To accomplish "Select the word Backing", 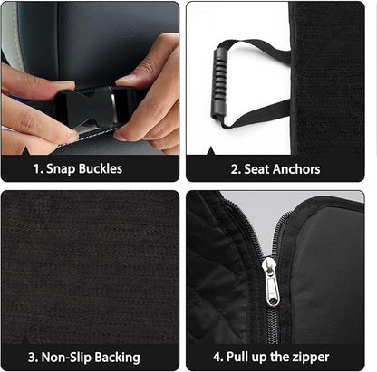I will (x=115, y=356).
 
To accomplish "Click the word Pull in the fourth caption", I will (x=245, y=356).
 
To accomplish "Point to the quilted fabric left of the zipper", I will (x=222, y=272).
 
